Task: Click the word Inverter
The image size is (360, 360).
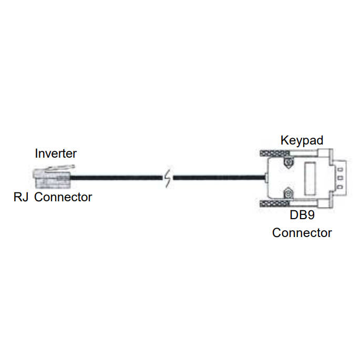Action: coord(56,153)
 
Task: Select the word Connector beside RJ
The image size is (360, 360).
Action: coord(63,198)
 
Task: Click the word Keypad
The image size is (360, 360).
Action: coord(301,140)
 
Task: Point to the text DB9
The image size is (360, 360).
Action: coord(302,215)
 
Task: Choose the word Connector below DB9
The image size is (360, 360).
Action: coord(302,232)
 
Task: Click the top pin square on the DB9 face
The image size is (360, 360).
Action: coord(341,169)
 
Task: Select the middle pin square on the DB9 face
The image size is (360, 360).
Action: coord(341,178)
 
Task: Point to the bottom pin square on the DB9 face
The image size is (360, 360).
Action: coord(341,188)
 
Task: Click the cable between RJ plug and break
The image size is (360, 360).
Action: coord(116,179)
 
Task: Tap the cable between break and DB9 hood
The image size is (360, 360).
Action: coord(218,179)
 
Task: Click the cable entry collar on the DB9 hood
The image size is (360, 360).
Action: coord(266,179)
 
